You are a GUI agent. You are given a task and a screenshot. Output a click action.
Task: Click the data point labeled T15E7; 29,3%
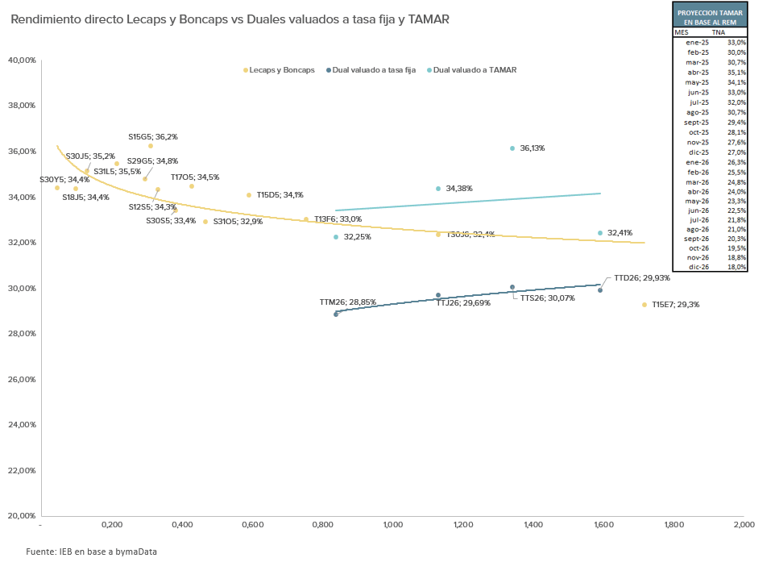[644, 305]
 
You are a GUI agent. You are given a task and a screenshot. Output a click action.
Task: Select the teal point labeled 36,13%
[512, 148]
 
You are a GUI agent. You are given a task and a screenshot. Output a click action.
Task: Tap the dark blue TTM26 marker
[336, 314]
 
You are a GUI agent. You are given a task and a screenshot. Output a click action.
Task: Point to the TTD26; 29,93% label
[641, 277]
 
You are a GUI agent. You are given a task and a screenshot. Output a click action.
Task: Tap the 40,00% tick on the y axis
[22, 60]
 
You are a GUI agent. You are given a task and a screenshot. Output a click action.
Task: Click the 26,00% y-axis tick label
[22, 380]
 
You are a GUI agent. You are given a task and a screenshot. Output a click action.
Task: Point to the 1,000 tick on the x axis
[392, 525]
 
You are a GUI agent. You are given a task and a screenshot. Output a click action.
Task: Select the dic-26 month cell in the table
[698, 266]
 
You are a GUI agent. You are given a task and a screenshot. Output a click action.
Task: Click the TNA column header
[730, 32]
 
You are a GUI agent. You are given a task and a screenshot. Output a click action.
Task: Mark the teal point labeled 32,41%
[600, 233]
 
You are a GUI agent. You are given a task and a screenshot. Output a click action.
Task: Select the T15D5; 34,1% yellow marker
[249, 195]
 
